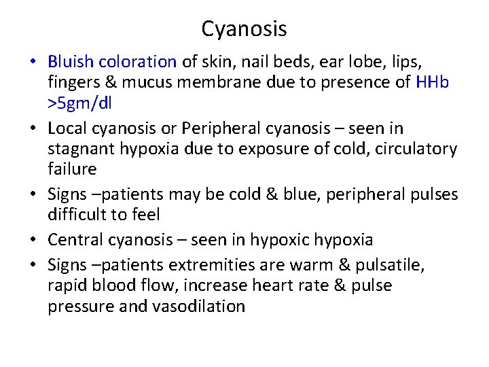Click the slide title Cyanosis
coord(244,29)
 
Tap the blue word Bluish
coord(71,62)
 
